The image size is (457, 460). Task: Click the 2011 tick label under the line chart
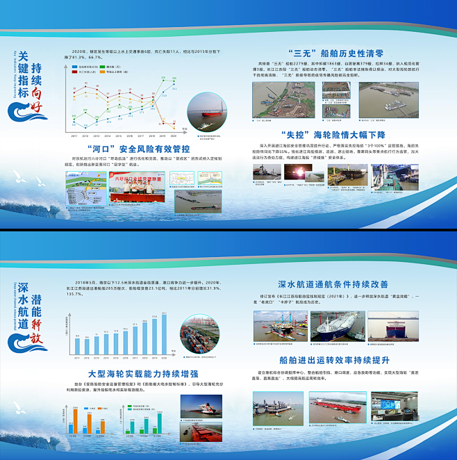pyautogui.click(x=74, y=137)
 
